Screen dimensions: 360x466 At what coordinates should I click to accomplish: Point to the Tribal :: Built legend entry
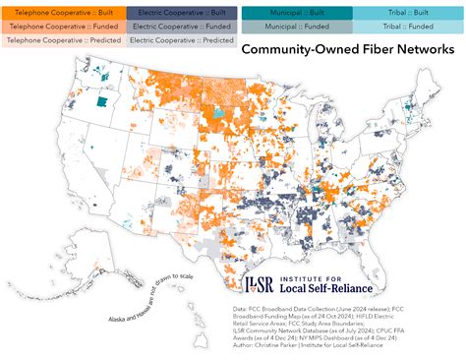pyautogui.click(x=408, y=12)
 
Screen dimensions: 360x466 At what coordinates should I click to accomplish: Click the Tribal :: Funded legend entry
pyautogui.click(x=408, y=26)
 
